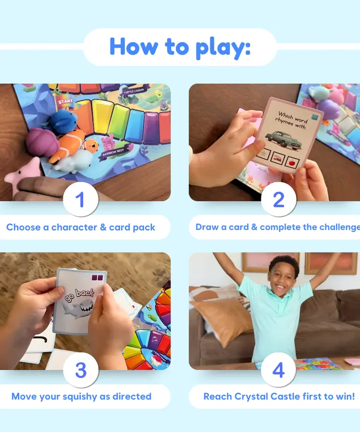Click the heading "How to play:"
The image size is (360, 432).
[180, 47]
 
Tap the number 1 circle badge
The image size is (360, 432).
[80, 200]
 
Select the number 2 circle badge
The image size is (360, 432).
[279, 200]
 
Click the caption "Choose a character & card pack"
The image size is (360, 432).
[80, 228]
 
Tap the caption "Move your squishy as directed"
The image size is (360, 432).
[81, 396]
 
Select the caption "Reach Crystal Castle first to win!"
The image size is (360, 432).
[279, 396]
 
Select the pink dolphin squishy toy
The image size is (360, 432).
[21, 175]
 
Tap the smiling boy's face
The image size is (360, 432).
[284, 273]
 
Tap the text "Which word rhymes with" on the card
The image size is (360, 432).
[292, 119]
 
